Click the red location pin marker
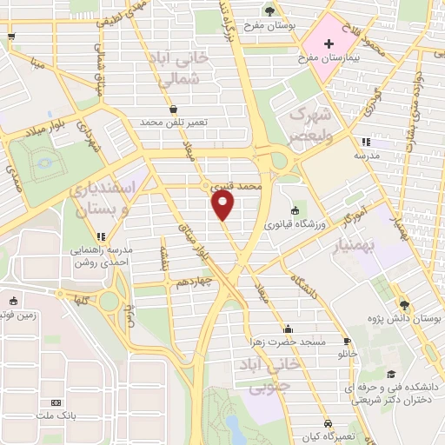pyautogui.click(x=223, y=205)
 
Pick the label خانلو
pyautogui.click(x=348, y=355)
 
